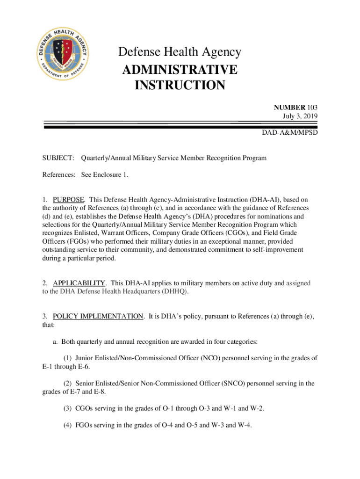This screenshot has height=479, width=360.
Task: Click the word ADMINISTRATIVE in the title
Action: pos(180,70)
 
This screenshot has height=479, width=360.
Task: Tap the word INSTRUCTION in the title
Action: pos(180,86)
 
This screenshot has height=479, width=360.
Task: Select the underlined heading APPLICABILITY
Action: pos(79,283)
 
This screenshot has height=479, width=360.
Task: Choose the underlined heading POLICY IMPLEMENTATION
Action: pos(98,316)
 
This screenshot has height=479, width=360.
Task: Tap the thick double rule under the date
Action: pos(180,125)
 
